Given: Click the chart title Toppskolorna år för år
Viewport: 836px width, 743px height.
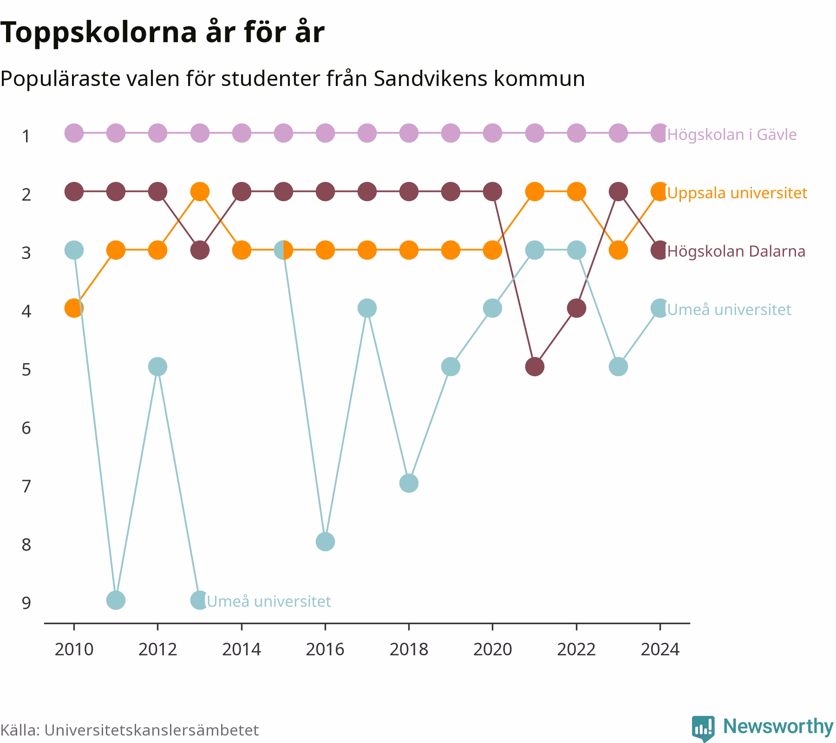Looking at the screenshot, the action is (162, 33).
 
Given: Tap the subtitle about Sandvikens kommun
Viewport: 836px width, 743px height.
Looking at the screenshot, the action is (293, 79).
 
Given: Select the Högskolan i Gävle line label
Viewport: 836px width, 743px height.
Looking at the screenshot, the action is (732, 135).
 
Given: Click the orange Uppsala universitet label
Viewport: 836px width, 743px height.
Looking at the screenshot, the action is (737, 193).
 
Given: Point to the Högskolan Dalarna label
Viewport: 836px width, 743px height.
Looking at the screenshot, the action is (736, 251).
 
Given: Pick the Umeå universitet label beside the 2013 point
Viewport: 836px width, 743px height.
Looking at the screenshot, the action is (269, 601).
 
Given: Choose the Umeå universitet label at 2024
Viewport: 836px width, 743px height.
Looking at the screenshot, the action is (729, 310).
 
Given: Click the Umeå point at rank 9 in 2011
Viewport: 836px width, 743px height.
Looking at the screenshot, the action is (116, 600).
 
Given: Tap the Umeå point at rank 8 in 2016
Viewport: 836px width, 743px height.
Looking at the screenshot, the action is (325, 542).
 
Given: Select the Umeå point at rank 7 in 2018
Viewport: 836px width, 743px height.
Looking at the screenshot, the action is (409, 483).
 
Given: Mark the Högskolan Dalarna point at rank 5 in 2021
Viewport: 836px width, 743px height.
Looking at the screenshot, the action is (535, 367).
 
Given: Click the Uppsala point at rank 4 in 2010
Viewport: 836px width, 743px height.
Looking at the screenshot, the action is (74, 308).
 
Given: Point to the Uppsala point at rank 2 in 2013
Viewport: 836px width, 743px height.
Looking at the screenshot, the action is (200, 191).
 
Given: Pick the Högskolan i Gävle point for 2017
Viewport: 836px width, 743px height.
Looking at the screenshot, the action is (367, 133).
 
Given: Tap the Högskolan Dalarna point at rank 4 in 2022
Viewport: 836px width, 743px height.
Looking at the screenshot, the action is (576, 308).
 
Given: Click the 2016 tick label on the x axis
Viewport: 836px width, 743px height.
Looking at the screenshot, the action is (325, 649).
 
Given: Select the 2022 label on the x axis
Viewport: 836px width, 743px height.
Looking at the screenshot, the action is (576, 649).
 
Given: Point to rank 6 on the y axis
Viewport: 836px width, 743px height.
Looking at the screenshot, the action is (26, 428).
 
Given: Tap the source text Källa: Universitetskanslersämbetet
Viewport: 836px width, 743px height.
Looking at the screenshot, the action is (130, 730).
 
